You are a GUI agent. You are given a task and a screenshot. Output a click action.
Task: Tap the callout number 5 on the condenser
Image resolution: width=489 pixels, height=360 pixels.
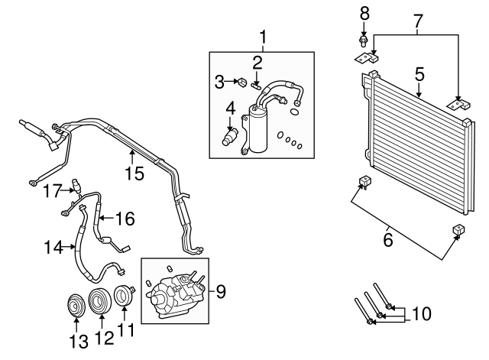419,74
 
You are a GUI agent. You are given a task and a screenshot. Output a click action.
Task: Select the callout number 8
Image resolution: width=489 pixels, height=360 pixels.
364,12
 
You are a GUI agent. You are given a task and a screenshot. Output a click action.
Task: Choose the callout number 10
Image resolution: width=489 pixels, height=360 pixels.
421,313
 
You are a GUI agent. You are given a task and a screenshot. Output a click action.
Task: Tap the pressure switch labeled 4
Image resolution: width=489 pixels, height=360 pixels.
228,135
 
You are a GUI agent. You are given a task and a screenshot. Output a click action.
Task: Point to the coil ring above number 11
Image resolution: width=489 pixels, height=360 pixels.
122,296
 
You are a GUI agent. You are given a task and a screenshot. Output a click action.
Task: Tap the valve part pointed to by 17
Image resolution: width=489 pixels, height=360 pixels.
75,184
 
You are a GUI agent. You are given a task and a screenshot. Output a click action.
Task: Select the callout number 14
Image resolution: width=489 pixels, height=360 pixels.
52,246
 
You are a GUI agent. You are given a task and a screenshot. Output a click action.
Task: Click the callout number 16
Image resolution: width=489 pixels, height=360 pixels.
125,219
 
